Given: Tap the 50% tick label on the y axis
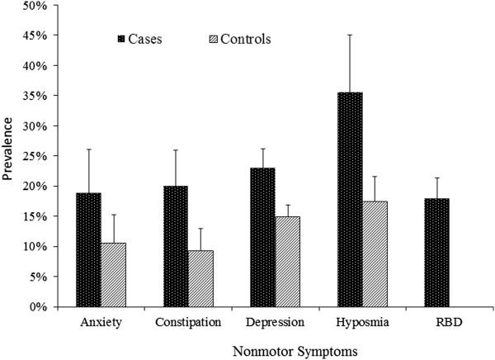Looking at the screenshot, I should coord(34,6).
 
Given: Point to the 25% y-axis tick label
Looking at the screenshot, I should coord(34,156).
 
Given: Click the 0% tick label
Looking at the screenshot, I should coord(37,306).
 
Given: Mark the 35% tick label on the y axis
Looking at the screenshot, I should coord(34,96).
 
